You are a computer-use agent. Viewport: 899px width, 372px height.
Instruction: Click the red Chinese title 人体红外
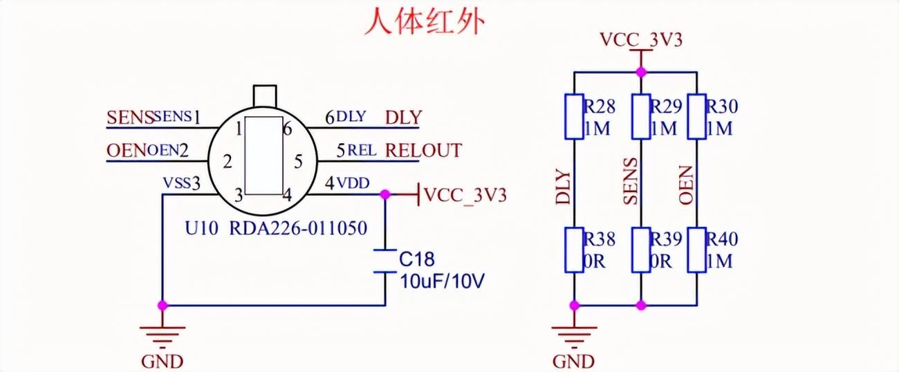point(425,22)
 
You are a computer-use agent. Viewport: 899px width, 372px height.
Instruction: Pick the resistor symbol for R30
point(696,117)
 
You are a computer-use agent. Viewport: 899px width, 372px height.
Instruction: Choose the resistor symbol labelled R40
point(696,250)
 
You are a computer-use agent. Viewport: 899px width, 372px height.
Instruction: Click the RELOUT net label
point(423,150)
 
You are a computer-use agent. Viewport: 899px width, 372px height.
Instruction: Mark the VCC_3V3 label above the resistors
point(641,40)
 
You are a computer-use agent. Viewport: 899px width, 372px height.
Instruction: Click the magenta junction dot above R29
point(641,71)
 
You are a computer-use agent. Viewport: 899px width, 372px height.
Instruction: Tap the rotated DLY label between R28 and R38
point(564,187)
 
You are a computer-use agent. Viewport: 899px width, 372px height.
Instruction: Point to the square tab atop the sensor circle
point(265,95)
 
